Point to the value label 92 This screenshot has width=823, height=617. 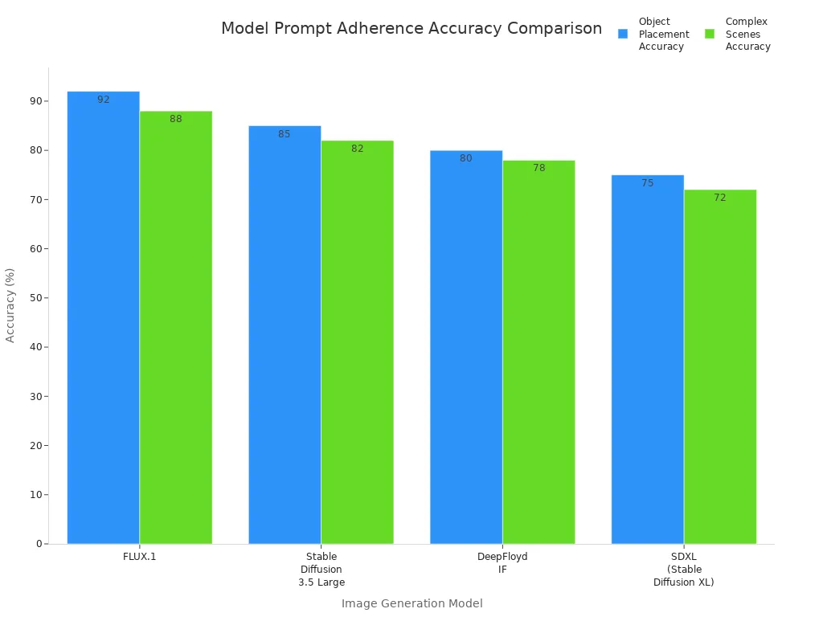click(104, 100)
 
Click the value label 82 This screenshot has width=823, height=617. click(358, 149)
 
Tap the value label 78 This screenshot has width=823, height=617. click(539, 168)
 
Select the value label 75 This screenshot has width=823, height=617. click(648, 183)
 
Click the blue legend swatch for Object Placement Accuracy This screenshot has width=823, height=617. click(623, 34)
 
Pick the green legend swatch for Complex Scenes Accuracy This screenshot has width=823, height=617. click(710, 34)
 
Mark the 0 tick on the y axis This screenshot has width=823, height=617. click(39, 544)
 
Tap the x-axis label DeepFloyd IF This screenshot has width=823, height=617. click(502, 562)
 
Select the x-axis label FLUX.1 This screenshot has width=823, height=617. click(140, 556)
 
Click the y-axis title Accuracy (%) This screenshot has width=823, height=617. click(10, 304)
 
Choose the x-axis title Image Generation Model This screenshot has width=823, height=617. click(411, 603)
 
